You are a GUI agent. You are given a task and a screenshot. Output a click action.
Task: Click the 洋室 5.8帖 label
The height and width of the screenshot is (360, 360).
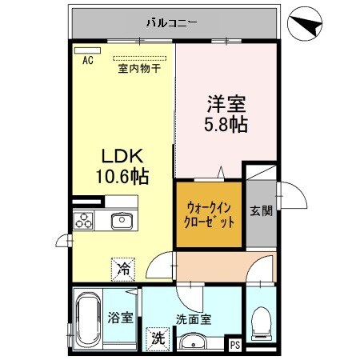click(x=226, y=114)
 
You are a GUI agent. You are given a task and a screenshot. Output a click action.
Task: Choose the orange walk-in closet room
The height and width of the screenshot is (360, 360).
click(x=209, y=214)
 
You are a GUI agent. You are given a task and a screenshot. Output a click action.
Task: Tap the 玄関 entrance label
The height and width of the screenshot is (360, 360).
click(x=260, y=211)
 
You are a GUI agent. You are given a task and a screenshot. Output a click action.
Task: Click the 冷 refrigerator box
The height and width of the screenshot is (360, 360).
click(x=124, y=270)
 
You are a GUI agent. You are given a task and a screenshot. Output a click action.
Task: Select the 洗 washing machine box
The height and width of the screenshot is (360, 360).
click(x=158, y=338)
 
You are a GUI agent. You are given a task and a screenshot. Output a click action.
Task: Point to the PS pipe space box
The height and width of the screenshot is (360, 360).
click(x=234, y=345)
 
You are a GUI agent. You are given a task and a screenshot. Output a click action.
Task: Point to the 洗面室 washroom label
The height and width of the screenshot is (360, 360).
click(x=195, y=318)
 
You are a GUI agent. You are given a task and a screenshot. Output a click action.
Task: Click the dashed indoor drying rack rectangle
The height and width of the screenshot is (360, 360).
click(x=140, y=58)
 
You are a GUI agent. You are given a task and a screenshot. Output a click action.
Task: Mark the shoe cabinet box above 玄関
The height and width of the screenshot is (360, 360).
click(x=259, y=171)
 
